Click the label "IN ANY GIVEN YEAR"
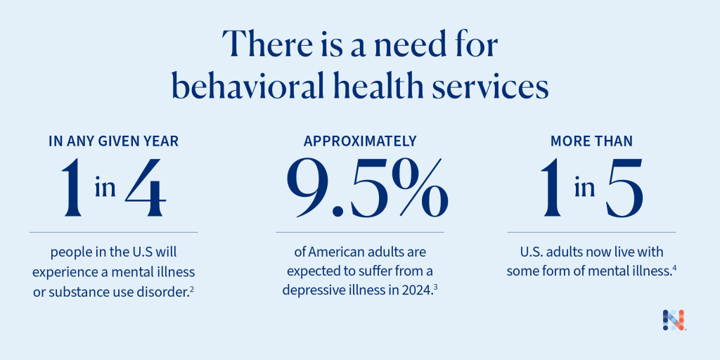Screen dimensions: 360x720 [113, 141]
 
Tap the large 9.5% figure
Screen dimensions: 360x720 [359, 188]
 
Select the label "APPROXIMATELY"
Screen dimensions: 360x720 [360, 141]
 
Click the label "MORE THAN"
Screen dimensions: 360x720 [591, 141]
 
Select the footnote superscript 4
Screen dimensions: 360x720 [674, 268]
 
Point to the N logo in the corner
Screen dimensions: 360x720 [674, 320]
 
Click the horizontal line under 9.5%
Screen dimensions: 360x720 [360, 232]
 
